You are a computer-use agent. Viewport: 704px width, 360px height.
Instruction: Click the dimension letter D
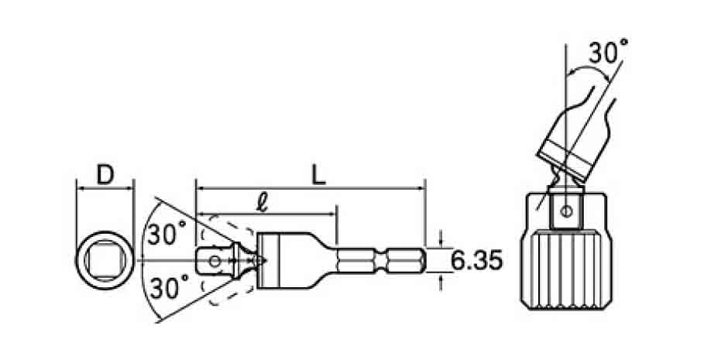pyautogui.click(x=105, y=175)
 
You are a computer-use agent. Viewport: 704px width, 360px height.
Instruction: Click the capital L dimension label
pyautogui.click(x=318, y=175)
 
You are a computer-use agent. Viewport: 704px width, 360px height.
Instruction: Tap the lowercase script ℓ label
pyautogui.click(x=263, y=204)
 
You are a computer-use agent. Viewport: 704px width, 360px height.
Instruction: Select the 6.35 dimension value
pyautogui.click(x=476, y=261)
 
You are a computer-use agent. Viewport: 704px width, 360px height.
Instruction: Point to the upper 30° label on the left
pyautogui.click(x=166, y=234)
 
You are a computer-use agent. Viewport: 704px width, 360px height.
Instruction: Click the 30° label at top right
pyautogui.click(x=608, y=52)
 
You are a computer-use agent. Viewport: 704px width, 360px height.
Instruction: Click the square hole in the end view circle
pyautogui.click(x=105, y=261)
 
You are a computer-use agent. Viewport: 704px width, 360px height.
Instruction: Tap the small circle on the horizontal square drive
pyautogui.click(x=215, y=261)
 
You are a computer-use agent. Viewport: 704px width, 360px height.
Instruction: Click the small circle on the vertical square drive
pyautogui.click(x=567, y=211)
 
